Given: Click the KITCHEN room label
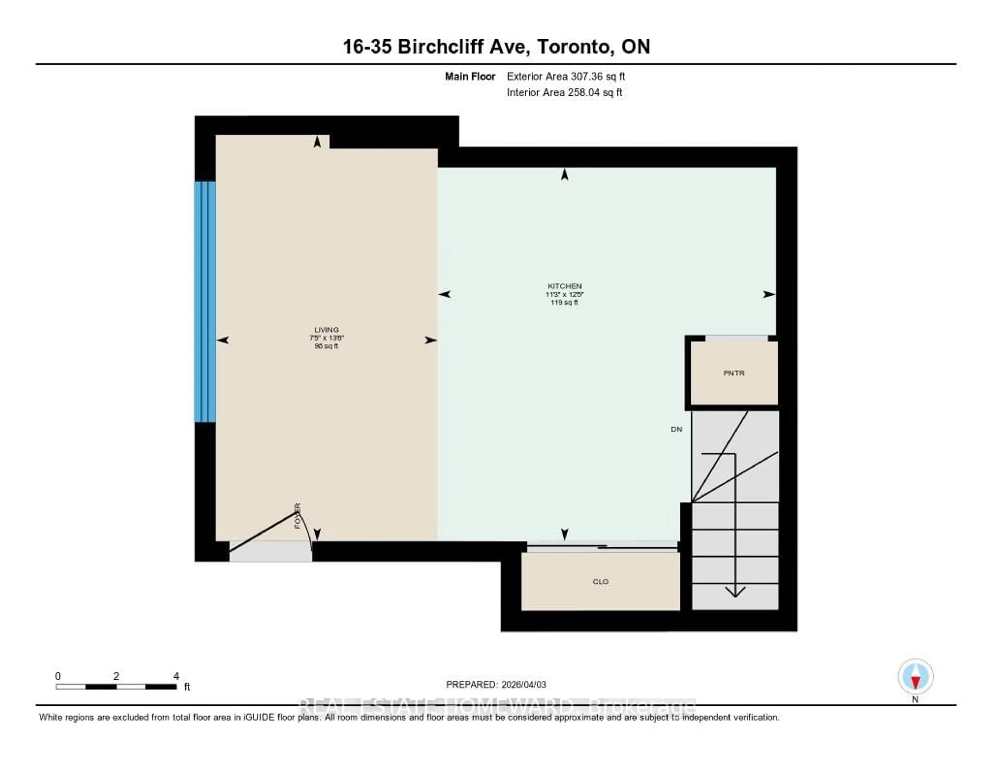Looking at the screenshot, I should pos(564,286).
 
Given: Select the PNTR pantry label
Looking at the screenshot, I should pos(734,373).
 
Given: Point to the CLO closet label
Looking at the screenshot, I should pos(600,582).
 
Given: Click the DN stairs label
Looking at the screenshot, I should pos(676,429).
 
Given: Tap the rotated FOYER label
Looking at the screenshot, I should pos(298,516).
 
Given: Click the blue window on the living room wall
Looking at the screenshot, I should pos(205,302).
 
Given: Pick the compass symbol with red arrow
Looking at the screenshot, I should pos(915,676).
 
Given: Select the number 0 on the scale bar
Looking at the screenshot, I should pos(58,676).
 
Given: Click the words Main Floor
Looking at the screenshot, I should pos(470,76).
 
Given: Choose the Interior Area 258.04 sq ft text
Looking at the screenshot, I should pos(564,92).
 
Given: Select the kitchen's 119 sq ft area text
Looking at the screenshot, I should pos(564,302).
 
